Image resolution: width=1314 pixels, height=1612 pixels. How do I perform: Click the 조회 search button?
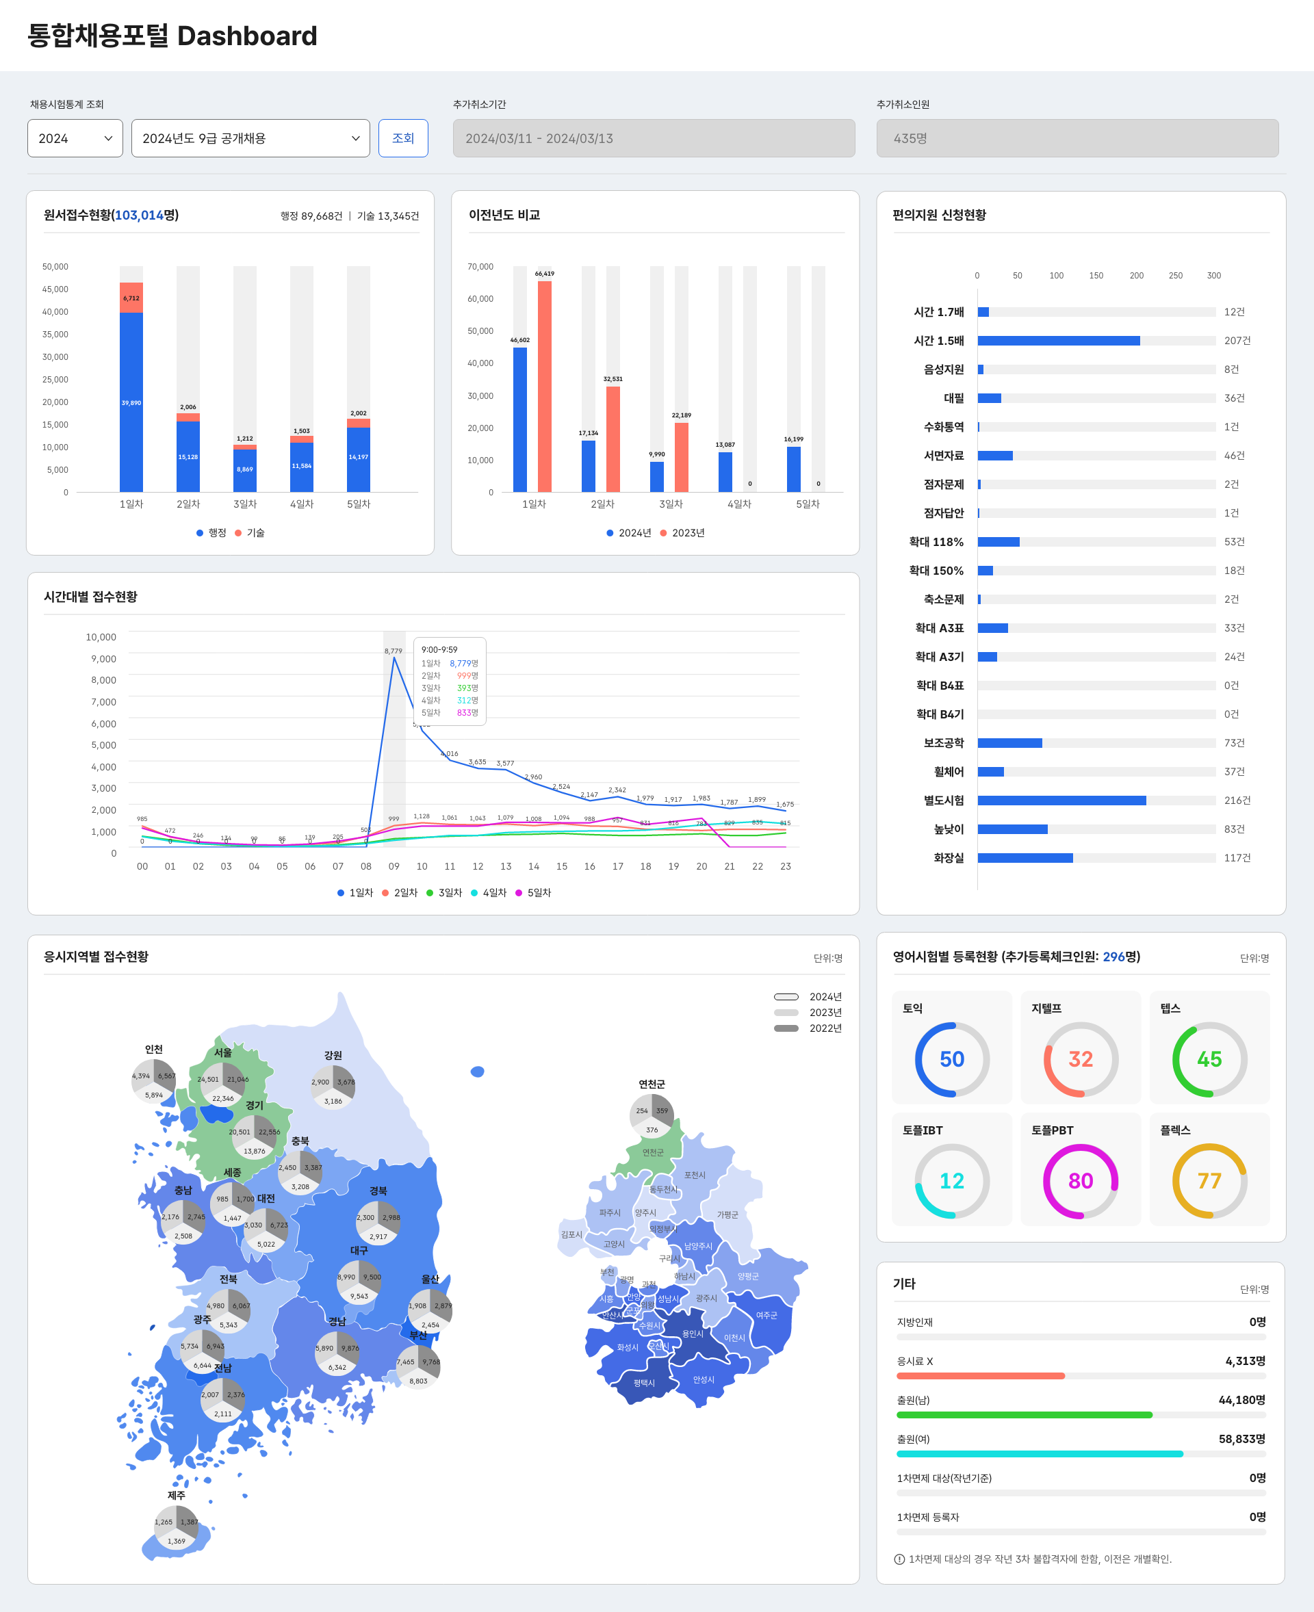tap(402, 138)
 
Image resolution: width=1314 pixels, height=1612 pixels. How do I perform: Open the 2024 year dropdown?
tap(75, 138)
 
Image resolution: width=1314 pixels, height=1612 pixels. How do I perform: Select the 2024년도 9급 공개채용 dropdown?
tap(250, 138)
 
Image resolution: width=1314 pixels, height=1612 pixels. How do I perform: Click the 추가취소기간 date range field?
tap(653, 138)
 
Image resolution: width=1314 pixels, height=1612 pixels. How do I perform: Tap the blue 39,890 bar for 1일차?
tap(131, 402)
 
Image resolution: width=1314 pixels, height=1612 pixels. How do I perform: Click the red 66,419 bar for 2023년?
tap(544, 386)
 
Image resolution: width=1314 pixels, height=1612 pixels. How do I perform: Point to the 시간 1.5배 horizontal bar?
tap(1058, 341)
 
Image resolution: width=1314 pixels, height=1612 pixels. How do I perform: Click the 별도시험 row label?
tap(943, 800)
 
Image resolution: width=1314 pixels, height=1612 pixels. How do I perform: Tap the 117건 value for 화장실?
tap(1237, 857)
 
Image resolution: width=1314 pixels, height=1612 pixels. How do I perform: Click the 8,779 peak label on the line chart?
tap(393, 651)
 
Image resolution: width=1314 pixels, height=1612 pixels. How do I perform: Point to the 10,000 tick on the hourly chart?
tap(101, 637)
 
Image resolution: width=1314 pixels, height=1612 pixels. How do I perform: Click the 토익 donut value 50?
tap(951, 1058)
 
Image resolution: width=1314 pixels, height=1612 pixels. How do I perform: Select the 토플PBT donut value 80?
tap(1080, 1181)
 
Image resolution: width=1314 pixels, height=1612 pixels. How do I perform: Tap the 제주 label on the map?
tap(177, 1496)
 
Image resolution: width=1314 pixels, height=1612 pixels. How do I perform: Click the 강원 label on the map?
tap(333, 1055)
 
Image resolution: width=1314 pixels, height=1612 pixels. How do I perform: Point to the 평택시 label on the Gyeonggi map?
tap(644, 1383)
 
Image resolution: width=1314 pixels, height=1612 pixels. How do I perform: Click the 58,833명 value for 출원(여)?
tap(1241, 1439)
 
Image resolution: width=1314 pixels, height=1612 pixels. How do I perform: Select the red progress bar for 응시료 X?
tap(980, 1376)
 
